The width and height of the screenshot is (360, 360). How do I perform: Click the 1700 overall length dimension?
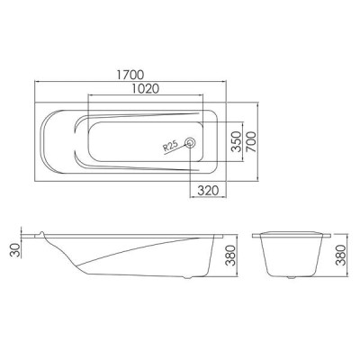[130, 75]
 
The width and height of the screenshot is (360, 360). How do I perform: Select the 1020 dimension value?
[145, 89]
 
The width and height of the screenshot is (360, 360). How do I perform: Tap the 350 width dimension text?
[237, 141]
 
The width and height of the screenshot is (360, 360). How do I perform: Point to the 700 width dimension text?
[251, 141]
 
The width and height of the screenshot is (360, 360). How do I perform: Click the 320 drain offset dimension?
[208, 190]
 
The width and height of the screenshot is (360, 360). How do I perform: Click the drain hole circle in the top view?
[190, 142]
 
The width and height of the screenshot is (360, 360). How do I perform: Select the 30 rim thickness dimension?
[15, 250]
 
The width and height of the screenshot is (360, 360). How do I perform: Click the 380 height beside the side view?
[230, 255]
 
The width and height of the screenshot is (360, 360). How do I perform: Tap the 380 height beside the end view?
[340, 255]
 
